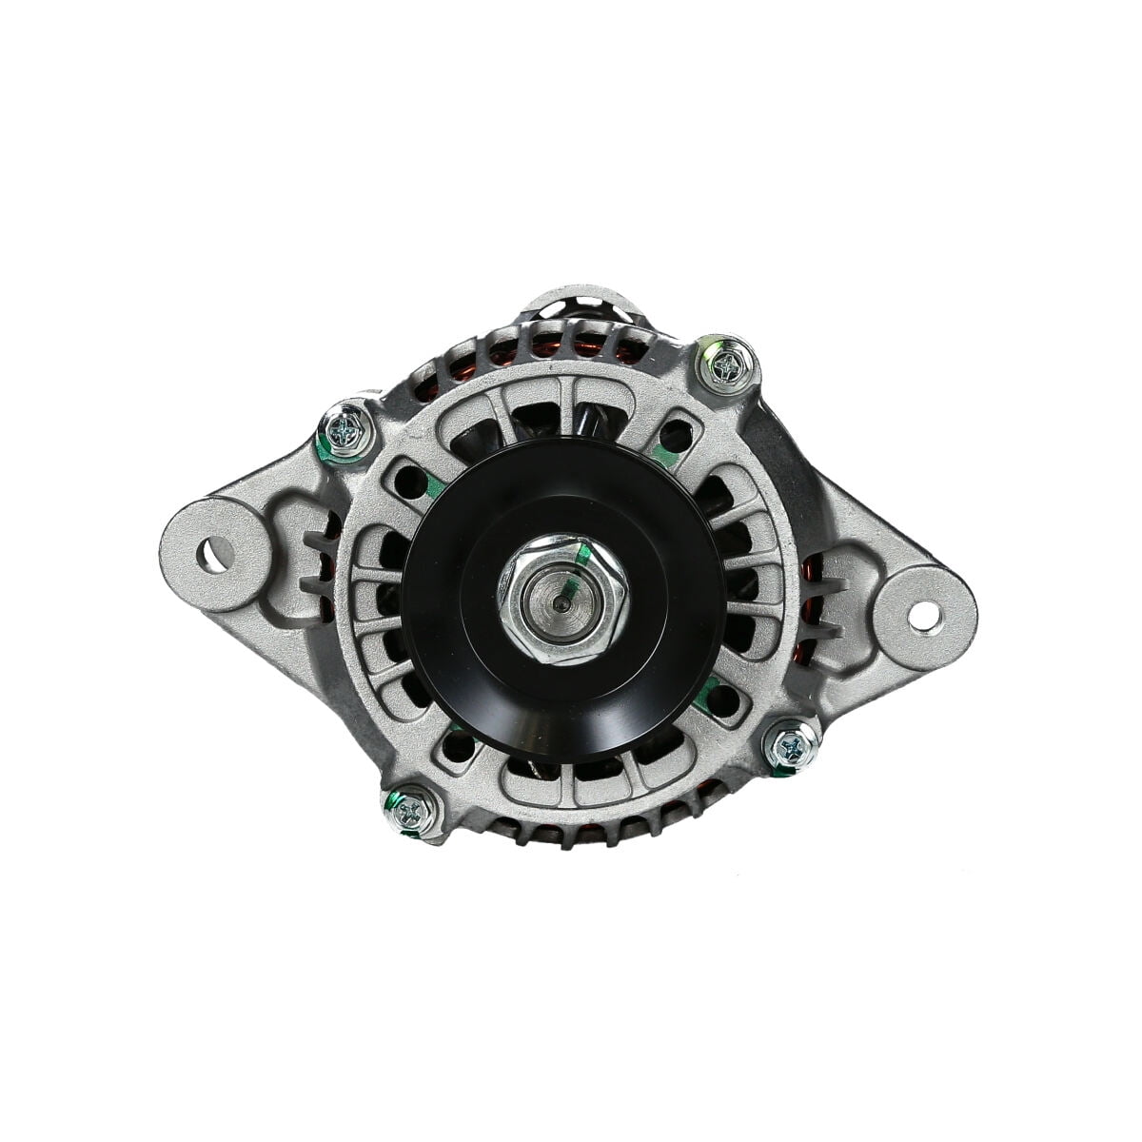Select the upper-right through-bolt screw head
click(727, 364)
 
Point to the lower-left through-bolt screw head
click(411, 811)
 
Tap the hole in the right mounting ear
click(921, 616)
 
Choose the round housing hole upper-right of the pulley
click(675, 437)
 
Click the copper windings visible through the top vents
click(571, 348)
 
